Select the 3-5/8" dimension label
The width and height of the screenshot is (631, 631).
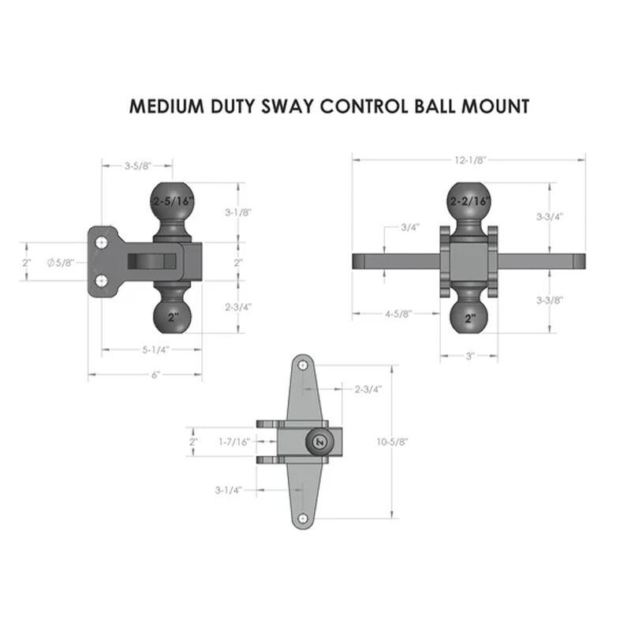[x=137, y=166]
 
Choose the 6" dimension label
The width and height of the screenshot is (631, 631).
[x=145, y=375]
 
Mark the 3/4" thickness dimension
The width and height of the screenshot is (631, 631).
[x=409, y=227]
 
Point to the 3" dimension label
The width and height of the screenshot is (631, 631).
[x=469, y=357]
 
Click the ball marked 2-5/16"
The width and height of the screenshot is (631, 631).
[x=172, y=202]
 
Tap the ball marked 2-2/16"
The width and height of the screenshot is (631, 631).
[x=469, y=202]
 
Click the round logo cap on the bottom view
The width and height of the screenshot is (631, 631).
[x=319, y=442]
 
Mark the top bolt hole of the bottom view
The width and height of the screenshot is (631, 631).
[x=303, y=366]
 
